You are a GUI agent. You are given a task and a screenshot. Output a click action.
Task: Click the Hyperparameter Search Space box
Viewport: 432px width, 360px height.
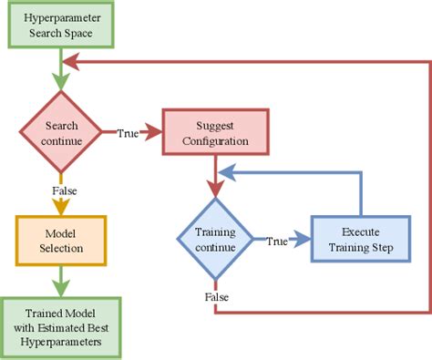click(62, 26)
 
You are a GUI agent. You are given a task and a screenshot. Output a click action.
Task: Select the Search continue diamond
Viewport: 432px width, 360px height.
click(60, 132)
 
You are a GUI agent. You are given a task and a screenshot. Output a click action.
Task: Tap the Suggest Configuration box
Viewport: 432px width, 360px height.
click(216, 132)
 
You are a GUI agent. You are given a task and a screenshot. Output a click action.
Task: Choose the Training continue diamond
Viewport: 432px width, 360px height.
click(216, 241)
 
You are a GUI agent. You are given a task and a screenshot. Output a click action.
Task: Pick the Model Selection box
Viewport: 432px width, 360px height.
click(60, 240)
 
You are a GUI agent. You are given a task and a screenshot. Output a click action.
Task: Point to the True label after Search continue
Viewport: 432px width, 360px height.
click(128, 133)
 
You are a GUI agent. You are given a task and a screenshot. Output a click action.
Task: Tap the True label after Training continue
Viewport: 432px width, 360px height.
click(277, 242)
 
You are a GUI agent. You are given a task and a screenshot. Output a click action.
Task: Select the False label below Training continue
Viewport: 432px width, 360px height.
click(216, 298)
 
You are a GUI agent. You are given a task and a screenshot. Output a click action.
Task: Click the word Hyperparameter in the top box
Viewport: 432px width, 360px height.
click(62, 18)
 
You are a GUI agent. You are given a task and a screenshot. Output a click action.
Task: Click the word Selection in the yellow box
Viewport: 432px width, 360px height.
click(60, 248)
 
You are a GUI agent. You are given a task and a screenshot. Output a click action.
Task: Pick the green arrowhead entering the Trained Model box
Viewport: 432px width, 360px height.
click(60, 290)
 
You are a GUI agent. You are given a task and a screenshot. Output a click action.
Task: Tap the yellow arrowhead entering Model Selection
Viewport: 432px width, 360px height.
click(60, 209)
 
